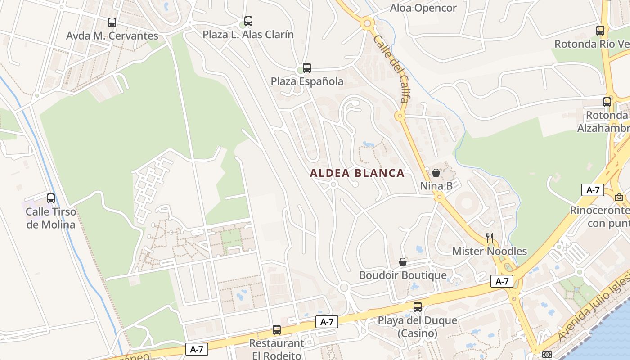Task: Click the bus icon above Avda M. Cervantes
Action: coord(112,22)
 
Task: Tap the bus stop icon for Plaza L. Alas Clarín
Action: coord(248,21)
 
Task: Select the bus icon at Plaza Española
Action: coord(307,68)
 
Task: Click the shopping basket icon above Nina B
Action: coord(436,172)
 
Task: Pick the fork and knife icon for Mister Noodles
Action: coord(490,238)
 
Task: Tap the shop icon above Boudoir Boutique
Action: coord(403,262)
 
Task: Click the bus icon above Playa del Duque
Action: coord(418,307)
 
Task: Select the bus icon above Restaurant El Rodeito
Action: coord(277,330)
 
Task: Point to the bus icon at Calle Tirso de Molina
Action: coord(51,198)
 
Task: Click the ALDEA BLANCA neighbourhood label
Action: coord(357,173)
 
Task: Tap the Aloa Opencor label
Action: coord(423,8)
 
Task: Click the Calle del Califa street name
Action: coord(391,68)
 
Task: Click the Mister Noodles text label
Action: coord(490,251)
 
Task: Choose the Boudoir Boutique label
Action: coord(403,275)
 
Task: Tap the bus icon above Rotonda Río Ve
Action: coord(600,31)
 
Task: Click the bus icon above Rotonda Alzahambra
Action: coord(607,102)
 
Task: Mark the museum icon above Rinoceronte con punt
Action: coord(619,197)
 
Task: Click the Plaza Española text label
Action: coord(307,81)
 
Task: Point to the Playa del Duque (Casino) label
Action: coord(418,327)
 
